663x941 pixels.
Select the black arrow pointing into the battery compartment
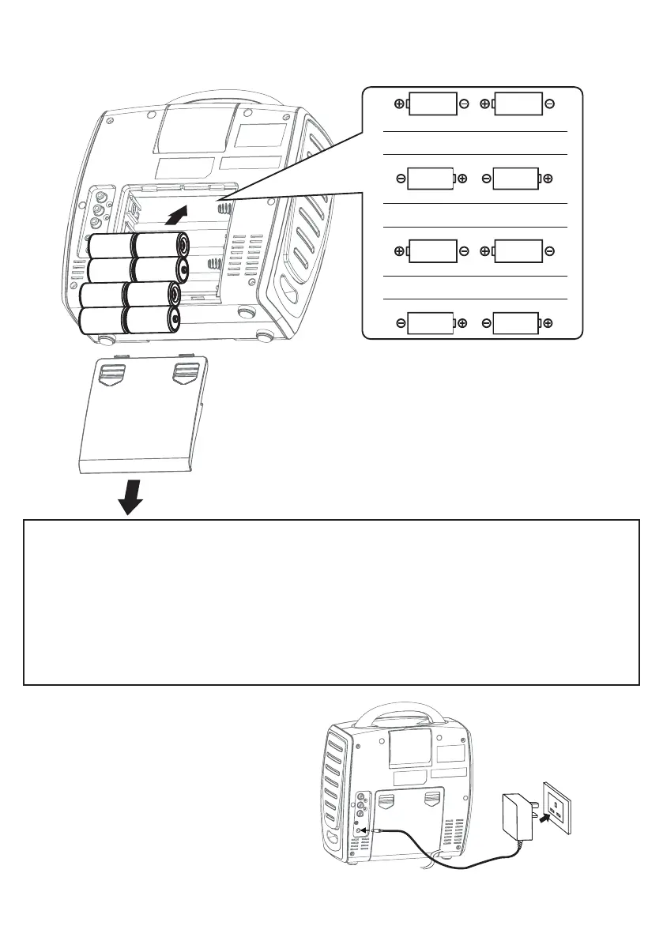tap(179, 214)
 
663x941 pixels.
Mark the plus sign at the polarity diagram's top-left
tap(399, 104)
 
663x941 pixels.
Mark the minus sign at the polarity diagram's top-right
tap(549, 104)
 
